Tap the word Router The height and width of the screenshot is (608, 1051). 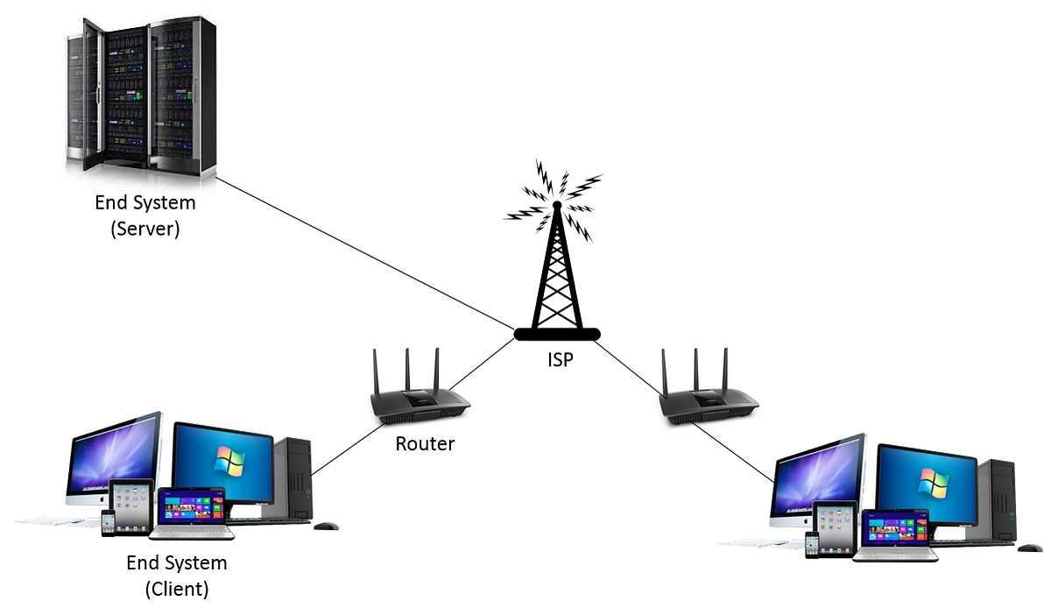tap(425, 443)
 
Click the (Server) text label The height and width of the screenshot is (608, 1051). tap(145, 230)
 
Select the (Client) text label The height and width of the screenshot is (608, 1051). tap(177, 588)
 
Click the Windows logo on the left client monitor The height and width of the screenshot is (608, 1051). tap(230, 459)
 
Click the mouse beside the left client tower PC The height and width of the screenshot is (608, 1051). tap(326, 526)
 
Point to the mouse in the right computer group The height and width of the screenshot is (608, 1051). tap(1030, 548)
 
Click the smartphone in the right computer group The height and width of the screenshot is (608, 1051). tap(812, 544)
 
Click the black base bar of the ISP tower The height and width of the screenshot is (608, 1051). tap(556, 333)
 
